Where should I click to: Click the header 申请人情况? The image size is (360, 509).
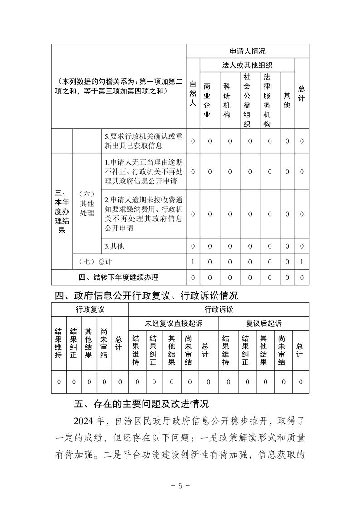[247, 51]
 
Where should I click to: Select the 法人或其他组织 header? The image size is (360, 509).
[247, 65]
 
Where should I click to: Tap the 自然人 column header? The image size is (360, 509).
[192, 93]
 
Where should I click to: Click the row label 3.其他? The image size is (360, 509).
[114, 246]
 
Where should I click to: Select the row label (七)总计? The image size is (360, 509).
[95, 262]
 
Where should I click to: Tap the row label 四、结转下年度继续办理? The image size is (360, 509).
[118, 277]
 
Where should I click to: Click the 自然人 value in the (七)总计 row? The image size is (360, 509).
[192, 262]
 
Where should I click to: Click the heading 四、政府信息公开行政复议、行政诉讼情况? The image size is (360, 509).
[146, 296]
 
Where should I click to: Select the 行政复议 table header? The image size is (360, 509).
[90, 309]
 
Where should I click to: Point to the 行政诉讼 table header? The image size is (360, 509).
[218, 309]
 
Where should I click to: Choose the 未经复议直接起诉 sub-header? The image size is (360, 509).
[173, 323]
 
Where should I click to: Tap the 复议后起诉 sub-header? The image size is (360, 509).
[263, 323]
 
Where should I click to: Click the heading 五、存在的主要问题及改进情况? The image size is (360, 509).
[141, 403]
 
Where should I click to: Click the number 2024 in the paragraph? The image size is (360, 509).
[84, 421]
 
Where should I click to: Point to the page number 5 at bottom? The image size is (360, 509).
[180, 485]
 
